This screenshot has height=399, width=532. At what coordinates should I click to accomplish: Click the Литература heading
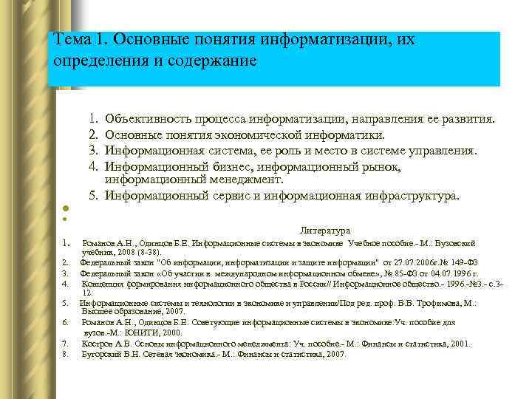coord(326,230)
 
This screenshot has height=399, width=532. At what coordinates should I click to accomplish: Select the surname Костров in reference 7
coord(97,343)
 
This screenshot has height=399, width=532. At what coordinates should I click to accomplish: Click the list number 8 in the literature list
coord(66,354)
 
